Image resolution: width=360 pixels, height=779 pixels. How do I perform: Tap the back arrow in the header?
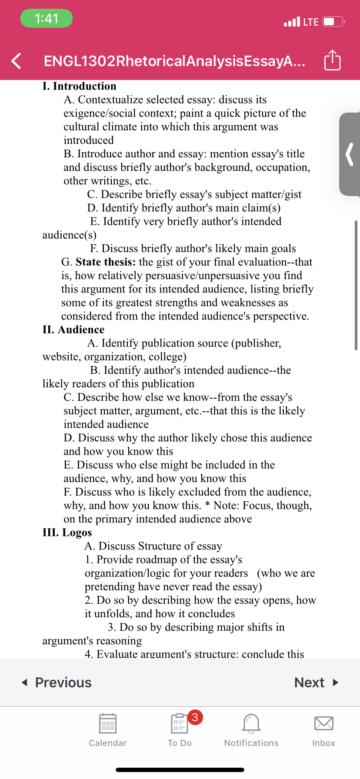click(x=16, y=61)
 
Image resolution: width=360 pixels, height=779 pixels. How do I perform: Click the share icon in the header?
click(x=333, y=60)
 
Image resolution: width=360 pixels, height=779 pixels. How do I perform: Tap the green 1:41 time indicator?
click(x=47, y=18)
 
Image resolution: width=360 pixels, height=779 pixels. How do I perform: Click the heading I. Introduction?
click(x=80, y=86)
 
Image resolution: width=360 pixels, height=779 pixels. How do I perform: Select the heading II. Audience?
click(x=73, y=330)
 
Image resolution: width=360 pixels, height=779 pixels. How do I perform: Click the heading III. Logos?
click(x=67, y=533)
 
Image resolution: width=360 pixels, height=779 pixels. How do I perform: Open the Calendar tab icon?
click(x=108, y=723)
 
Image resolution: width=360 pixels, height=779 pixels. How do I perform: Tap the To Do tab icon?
click(x=179, y=724)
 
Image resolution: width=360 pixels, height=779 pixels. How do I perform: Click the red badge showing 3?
click(x=195, y=717)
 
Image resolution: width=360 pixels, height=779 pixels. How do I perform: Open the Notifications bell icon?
click(x=251, y=723)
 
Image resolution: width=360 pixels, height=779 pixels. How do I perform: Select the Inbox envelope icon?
click(x=324, y=723)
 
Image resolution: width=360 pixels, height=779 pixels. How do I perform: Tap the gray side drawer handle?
click(x=350, y=154)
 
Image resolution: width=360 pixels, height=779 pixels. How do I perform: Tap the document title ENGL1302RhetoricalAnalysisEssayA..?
click(x=174, y=61)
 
